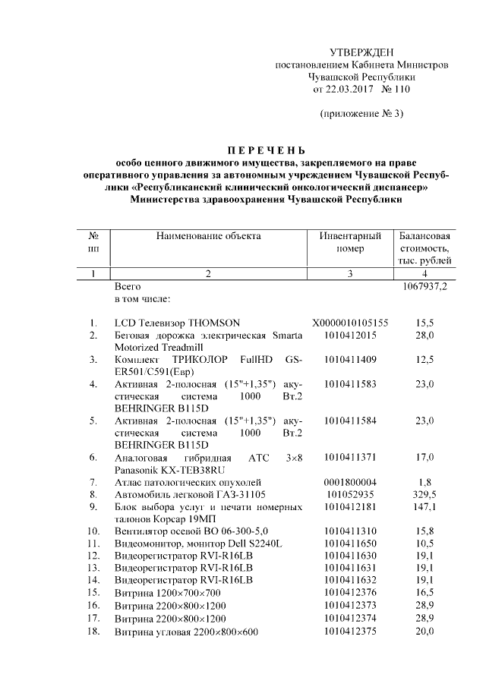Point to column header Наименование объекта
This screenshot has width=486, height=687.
pos(208,236)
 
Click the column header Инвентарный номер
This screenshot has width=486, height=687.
pos(350,242)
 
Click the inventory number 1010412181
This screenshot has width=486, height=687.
pos(350,506)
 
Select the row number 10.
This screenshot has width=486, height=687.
pos(93,531)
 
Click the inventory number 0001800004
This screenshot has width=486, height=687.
pos(350,481)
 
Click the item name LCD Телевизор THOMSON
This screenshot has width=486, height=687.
pos(177,323)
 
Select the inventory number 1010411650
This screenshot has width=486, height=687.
pos(350,543)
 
